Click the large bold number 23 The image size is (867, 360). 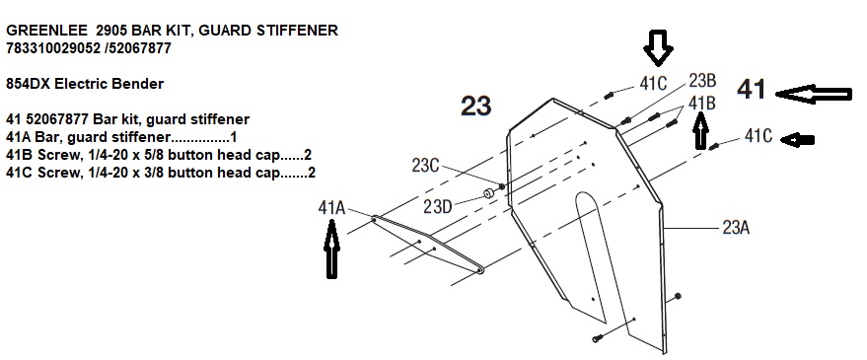point(476,106)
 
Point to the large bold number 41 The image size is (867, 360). point(752,89)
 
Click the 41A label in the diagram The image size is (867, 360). point(331,208)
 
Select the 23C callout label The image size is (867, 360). point(426,165)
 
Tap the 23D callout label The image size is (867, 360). point(437,206)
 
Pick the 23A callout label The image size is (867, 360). point(736,227)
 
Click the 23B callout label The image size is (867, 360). point(703,81)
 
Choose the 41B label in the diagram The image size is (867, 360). point(701,103)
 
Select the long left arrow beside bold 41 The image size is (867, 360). point(814,94)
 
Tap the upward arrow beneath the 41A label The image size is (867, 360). point(331,249)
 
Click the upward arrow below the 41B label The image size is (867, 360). point(700,130)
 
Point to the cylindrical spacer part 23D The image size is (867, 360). point(489,194)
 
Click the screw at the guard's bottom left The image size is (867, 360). point(597,338)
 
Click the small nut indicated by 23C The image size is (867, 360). point(501,186)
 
